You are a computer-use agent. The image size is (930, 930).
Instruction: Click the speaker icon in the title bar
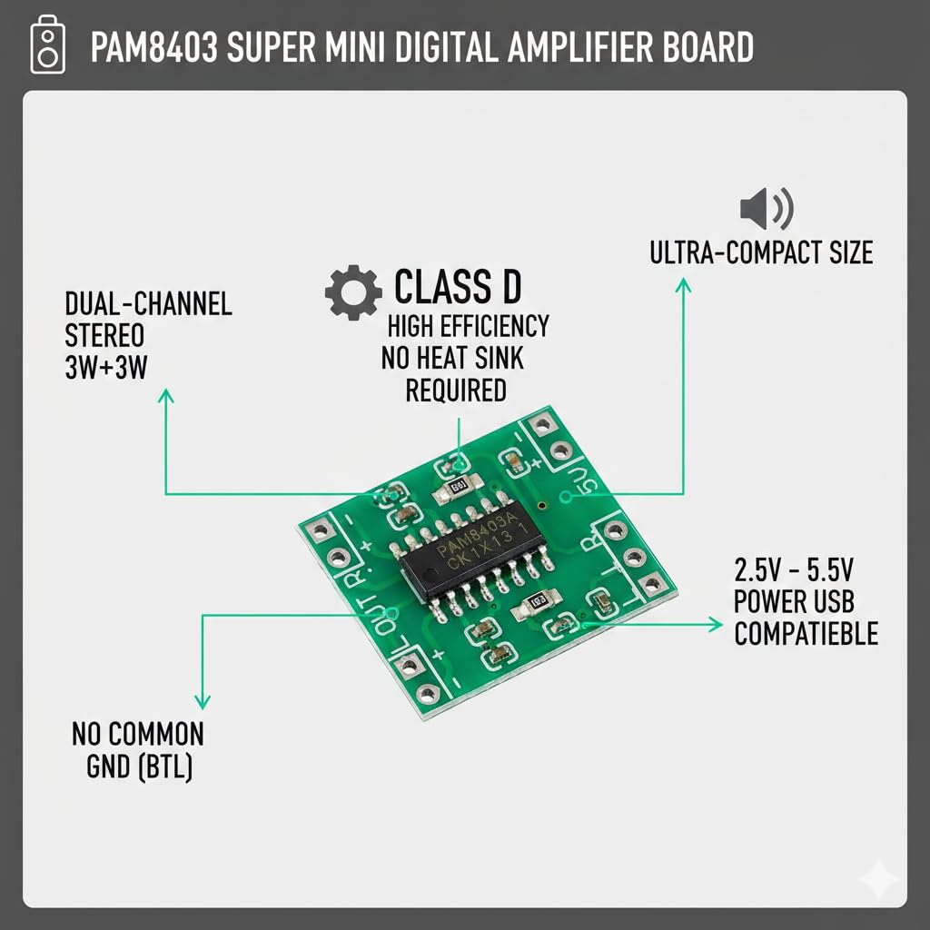point(48,46)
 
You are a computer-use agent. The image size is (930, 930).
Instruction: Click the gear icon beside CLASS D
point(352,292)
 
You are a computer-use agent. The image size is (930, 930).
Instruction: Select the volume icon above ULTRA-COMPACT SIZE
point(767,209)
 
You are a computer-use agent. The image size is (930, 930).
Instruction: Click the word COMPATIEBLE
point(806,633)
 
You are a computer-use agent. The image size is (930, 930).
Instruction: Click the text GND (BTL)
point(139,767)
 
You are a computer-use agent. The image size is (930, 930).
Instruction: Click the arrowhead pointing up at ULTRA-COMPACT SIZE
point(682,285)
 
